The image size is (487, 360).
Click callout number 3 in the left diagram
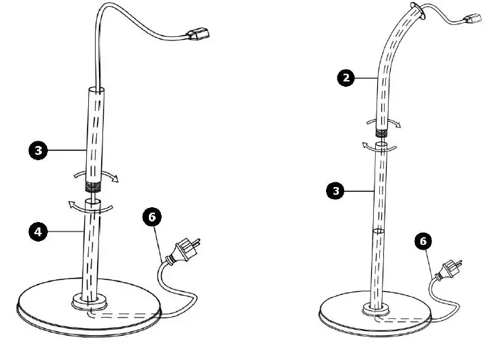(x=38, y=151)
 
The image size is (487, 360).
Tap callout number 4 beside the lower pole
(x=38, y=231)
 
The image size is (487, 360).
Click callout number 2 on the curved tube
(x=346, y=78)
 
